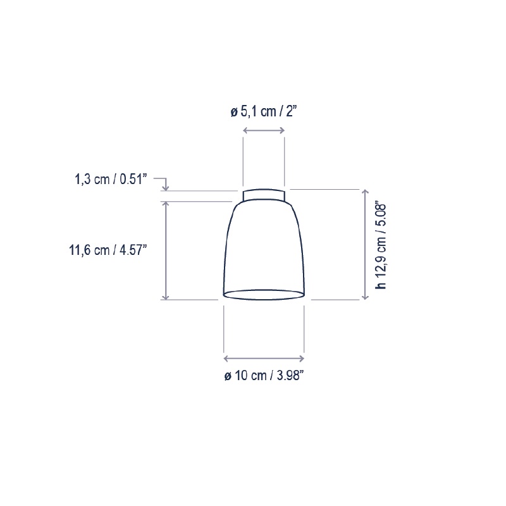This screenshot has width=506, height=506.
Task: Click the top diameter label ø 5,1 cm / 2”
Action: (x=263, y=112)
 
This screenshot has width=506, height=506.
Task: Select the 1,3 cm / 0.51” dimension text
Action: (x=111, y=179)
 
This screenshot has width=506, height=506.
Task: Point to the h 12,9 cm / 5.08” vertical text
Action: (x=381, y=246)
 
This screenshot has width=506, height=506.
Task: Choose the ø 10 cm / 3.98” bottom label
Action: (x=264, y=376)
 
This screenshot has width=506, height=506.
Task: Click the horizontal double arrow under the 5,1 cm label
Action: (x=264, y=130)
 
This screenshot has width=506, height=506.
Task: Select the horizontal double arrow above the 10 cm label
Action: (x=264, y=359)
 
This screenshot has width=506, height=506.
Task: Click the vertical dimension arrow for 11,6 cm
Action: (x=165, y=250)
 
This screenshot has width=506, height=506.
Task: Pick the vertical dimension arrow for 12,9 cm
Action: (x=366, y=245)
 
